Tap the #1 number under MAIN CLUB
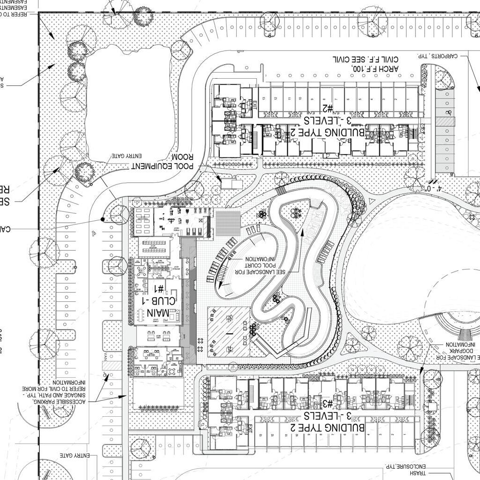click(x=159, y=288)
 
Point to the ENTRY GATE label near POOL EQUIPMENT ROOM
click(x=127, y=156)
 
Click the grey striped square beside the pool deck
click(x=228, y=224)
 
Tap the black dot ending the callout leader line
click(x=103, y=219)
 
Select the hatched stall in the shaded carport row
click(x=445, y=121)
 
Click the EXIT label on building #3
click(x=250, y=428)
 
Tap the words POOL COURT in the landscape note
click(x=257, y=265)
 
